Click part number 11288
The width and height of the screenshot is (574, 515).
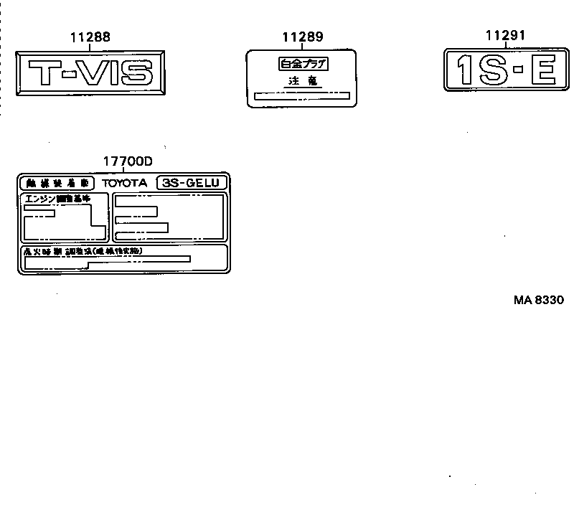[90, 37]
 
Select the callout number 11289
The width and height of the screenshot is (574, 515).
[302, 37]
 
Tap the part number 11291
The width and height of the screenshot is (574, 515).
[505, 34]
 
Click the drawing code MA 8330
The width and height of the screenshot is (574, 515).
[538, 300]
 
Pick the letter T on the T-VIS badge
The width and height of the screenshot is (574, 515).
[44, 72]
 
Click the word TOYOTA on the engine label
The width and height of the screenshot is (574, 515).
[124, 183]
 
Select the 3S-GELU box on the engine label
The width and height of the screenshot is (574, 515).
[191, 183]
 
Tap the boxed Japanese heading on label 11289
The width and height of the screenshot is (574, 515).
[302, 64]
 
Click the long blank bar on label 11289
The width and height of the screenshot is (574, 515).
[302, 95]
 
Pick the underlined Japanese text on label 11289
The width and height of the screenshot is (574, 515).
[302, 82]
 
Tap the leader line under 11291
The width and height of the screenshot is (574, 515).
[505, 44]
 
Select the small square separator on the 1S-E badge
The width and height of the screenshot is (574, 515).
[516, 70]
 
